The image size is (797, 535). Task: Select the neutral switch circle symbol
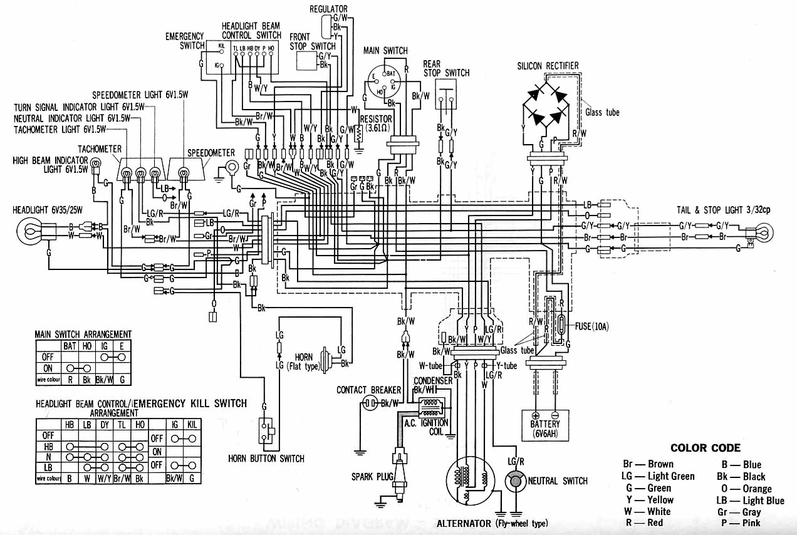tap(516, 481)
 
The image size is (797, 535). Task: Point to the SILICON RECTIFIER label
tap(548, 66)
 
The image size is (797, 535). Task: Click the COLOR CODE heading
tap(705, 448)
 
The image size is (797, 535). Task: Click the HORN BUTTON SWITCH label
tap(266, 459)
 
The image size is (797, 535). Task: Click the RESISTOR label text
tap(377, 119)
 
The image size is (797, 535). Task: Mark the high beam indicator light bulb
tap(96, 167)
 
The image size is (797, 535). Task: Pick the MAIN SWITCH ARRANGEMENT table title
tap(83, 334)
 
